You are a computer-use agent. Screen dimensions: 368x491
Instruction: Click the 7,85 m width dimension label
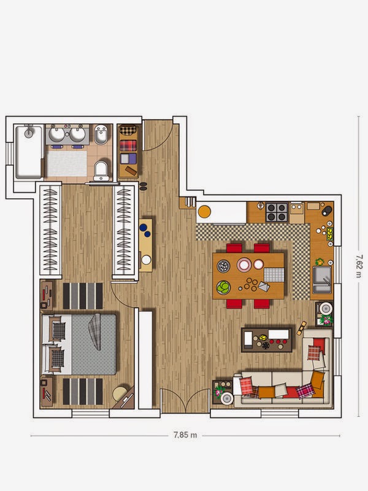coord(185,435)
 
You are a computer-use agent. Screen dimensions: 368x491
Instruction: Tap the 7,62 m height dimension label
coord(359,266)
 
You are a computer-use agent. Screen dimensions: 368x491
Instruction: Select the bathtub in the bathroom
coord(29,152)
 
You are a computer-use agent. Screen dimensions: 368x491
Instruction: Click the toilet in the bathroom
coord(101,171)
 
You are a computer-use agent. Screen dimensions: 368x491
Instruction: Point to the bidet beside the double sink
coord(101,134)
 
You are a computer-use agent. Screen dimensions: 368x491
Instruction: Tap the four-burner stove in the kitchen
coord(277,212)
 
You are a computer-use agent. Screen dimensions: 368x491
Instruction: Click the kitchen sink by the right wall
coord(322,280)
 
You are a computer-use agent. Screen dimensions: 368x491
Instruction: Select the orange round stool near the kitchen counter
coord(204,212)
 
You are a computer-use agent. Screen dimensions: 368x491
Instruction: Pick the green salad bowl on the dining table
coord(223,287)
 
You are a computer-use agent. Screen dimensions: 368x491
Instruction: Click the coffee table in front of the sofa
coord(267,340)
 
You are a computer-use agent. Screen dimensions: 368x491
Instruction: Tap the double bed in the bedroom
coord(79,344)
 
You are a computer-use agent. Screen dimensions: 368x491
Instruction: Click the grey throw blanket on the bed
coord(95,332)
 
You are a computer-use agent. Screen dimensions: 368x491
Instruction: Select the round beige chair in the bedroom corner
coord(119,393)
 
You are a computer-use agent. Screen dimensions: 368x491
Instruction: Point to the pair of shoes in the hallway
coord(143,186)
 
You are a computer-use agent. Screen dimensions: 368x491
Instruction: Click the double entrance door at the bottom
coord(185,401)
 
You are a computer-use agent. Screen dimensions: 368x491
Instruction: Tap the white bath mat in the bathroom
coord(67,163)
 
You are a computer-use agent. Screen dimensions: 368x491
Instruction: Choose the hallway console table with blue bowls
coord(146,245)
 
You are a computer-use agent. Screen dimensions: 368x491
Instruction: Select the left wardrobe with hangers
coord(50,230)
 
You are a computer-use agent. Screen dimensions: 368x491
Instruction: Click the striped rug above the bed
coord(83,296)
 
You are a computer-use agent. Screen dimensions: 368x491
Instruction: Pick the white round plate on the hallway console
coord(146,260)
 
